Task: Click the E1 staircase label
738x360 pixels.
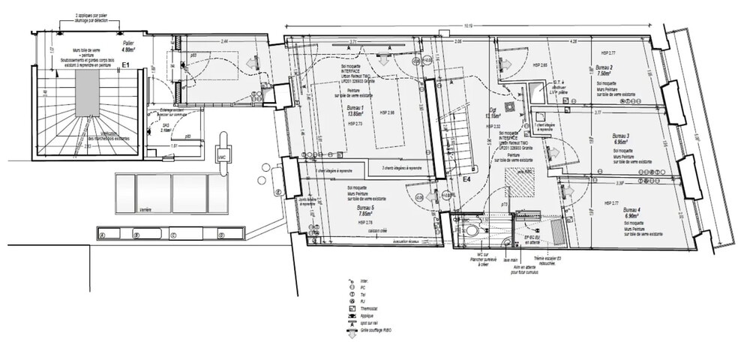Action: point(126,66)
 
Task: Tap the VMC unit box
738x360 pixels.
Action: point(223,155)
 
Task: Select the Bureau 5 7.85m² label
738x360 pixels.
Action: point(365,211)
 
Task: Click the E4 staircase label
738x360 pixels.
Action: point(465,180)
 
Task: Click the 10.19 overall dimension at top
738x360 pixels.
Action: point(467,25)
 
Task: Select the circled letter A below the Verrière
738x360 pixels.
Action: point(103,234)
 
